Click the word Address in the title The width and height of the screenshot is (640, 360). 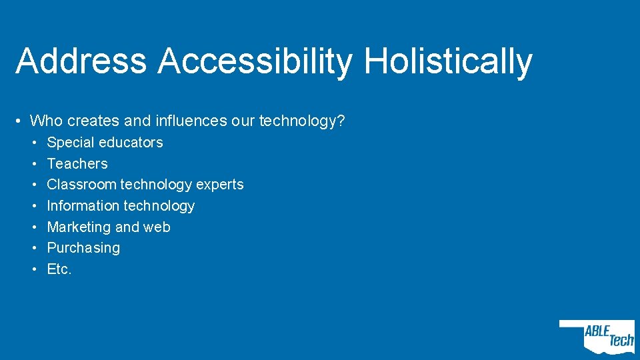point(81,61)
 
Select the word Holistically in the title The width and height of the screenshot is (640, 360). point(448,61)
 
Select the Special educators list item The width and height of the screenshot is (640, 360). point(105,143)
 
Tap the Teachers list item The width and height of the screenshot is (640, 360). point(77,164)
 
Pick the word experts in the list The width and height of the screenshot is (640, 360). point(220,185)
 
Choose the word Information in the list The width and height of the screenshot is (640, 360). point(82,206)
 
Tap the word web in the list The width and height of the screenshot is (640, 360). point(157,227)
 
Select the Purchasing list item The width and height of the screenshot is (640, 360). point(83,249)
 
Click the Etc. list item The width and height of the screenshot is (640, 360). point(59,269)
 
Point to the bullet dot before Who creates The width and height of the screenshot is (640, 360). point(21,121)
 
